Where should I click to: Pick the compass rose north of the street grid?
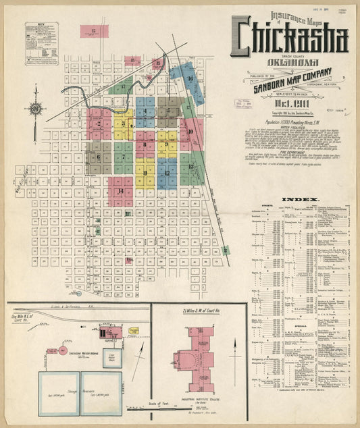click(x=35, y=108)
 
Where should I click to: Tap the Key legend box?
click(x=41, y=43)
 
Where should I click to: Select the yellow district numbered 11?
click(x=144, y=173)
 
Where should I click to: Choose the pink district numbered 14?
click(x=121, y=191)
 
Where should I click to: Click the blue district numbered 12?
click(x=166, y=173)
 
